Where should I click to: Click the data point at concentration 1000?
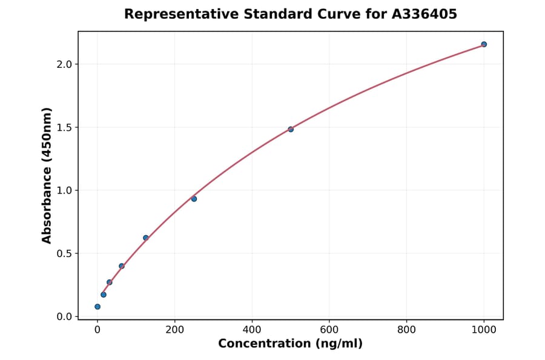484,44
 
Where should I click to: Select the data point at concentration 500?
291,129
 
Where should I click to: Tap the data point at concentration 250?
194,199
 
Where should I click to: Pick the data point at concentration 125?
146,238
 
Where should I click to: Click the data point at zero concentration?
97,307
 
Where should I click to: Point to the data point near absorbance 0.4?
122,266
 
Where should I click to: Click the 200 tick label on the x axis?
174,330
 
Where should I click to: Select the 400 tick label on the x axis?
252,330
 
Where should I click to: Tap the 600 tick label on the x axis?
329,330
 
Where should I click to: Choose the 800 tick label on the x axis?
406,330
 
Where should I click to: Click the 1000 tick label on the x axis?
484,330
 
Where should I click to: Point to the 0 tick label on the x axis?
97,330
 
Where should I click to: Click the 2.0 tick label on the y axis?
65,64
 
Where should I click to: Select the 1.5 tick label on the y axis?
65,127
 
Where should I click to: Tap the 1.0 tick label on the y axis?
65,190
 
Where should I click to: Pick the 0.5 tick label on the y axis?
65,253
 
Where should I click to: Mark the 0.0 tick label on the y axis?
65,316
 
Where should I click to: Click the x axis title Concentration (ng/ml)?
290,344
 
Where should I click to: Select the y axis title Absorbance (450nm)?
47,175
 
